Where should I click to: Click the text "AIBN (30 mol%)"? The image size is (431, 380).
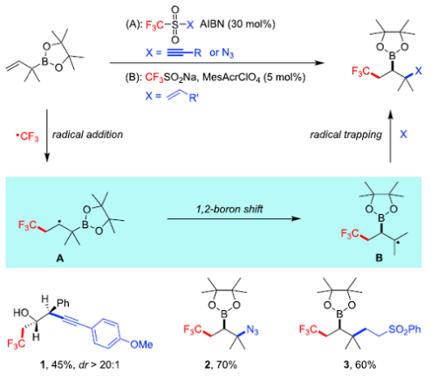tap(237, 24)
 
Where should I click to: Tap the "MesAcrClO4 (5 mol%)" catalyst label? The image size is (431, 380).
tap(254, 78)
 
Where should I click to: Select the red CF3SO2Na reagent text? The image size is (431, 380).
tap(172, 78)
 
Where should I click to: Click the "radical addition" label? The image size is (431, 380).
tap(87, 135)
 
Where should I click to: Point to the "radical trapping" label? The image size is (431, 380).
tap(346, 135)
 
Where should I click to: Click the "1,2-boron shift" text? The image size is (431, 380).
tap(229, 209)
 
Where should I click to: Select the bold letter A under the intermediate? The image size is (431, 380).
tap(60, 258)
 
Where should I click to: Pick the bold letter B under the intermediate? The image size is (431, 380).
tap(379, 258)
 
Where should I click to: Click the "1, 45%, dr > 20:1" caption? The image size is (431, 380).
tap(79, 364)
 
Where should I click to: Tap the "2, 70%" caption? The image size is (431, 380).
tap(221, 364)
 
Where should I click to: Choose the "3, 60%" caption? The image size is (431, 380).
tap(359, 364)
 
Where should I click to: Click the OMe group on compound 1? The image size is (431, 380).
tap(141, 344)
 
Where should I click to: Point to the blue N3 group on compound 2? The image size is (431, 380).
tap(252, 330)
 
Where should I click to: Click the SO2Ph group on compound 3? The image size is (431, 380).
tap(404, 329)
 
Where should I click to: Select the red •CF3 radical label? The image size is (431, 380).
tap(27, 136)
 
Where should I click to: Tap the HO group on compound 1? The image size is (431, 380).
tap(21, 313)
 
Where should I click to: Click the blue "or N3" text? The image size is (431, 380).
tap(222, 53)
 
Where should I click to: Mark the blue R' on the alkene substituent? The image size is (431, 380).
tap(194, 98)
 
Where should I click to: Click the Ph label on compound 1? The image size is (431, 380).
tap(63, 303)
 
